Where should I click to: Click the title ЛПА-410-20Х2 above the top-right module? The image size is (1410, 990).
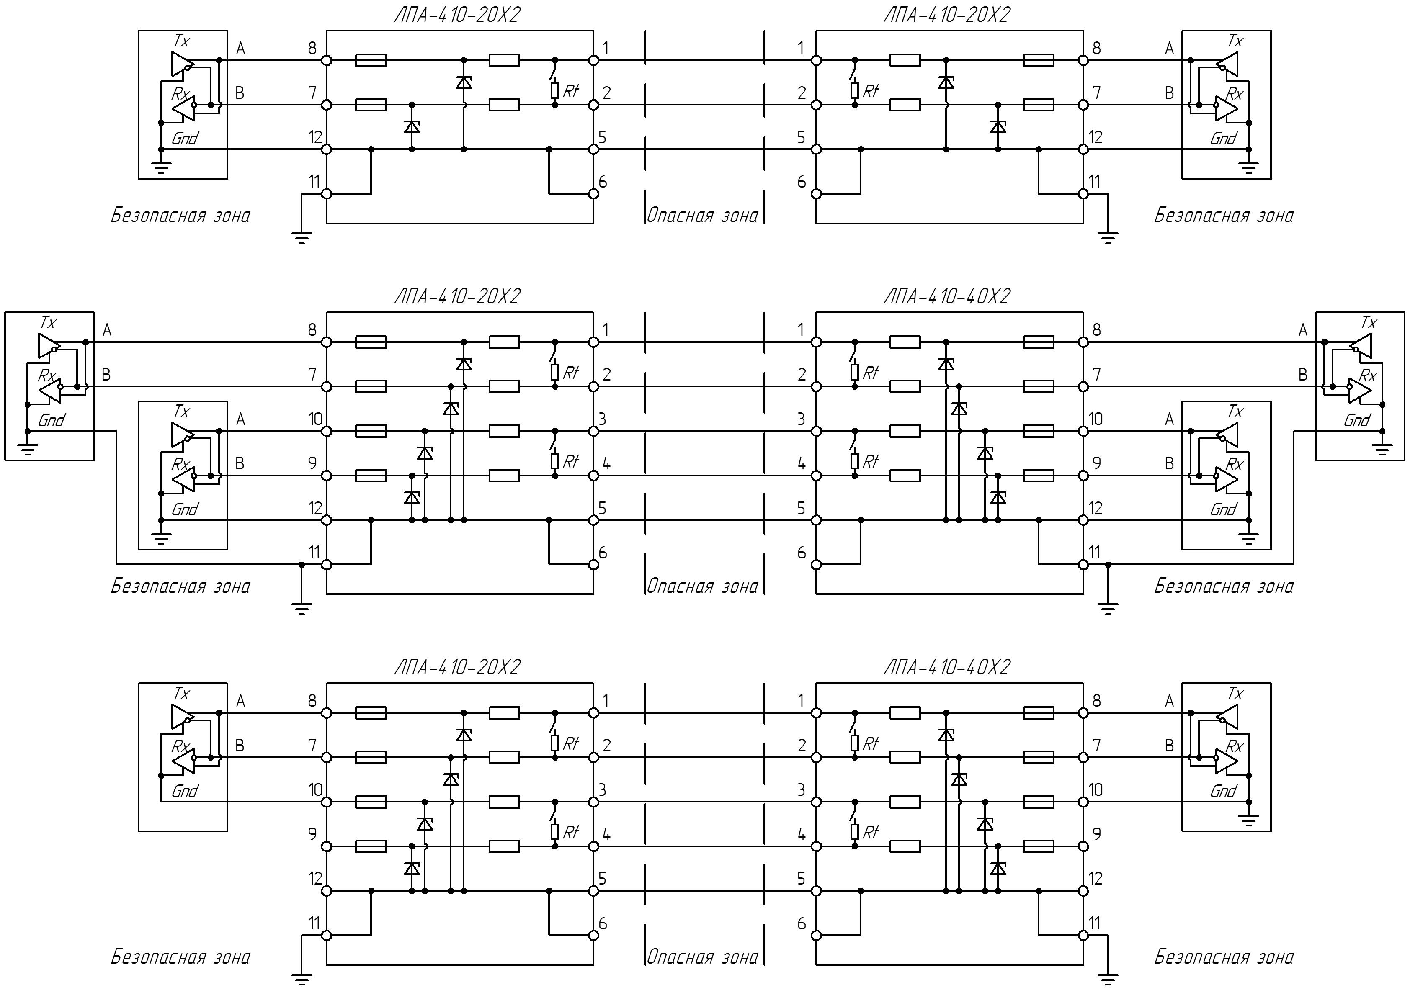(x=946, y=15)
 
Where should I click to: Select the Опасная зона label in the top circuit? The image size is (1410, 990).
(x=703, y=216)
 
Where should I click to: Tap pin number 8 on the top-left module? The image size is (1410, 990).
(x=312, y=47)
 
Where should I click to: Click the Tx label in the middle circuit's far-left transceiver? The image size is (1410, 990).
(x=47, y=322)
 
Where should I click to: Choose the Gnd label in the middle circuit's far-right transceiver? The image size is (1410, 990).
(x=1356, y=420)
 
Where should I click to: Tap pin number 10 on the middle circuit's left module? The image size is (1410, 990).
(x=315, y=419)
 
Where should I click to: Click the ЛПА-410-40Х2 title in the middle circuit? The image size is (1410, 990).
(x=946, y=296)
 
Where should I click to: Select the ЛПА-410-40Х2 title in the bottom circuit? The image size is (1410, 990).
(x=946, y=667)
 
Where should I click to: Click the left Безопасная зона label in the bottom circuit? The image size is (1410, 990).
(x=180, y=957)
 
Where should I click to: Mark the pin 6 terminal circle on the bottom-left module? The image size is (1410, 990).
(x=593, y=936)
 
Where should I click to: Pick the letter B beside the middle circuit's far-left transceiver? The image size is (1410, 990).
(x=106, y=374)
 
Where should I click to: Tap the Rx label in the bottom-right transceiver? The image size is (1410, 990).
(x=1235, y=746)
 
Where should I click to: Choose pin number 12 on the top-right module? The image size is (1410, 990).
(x=1096, y=137)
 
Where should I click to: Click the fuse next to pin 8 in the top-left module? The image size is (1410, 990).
(x=371, y=60)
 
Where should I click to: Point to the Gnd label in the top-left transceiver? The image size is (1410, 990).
(x=184, y=139)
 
